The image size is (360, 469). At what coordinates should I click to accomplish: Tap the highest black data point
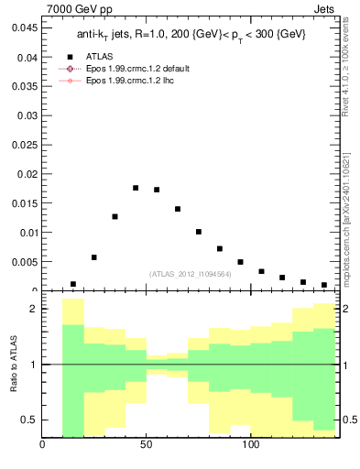tap(136, 188)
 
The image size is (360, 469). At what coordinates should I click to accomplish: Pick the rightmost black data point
tap(324, 285)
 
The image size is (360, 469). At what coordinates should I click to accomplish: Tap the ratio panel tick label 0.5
tap(28, 420)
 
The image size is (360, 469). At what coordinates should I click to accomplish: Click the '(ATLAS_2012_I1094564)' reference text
tap(190, 273)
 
